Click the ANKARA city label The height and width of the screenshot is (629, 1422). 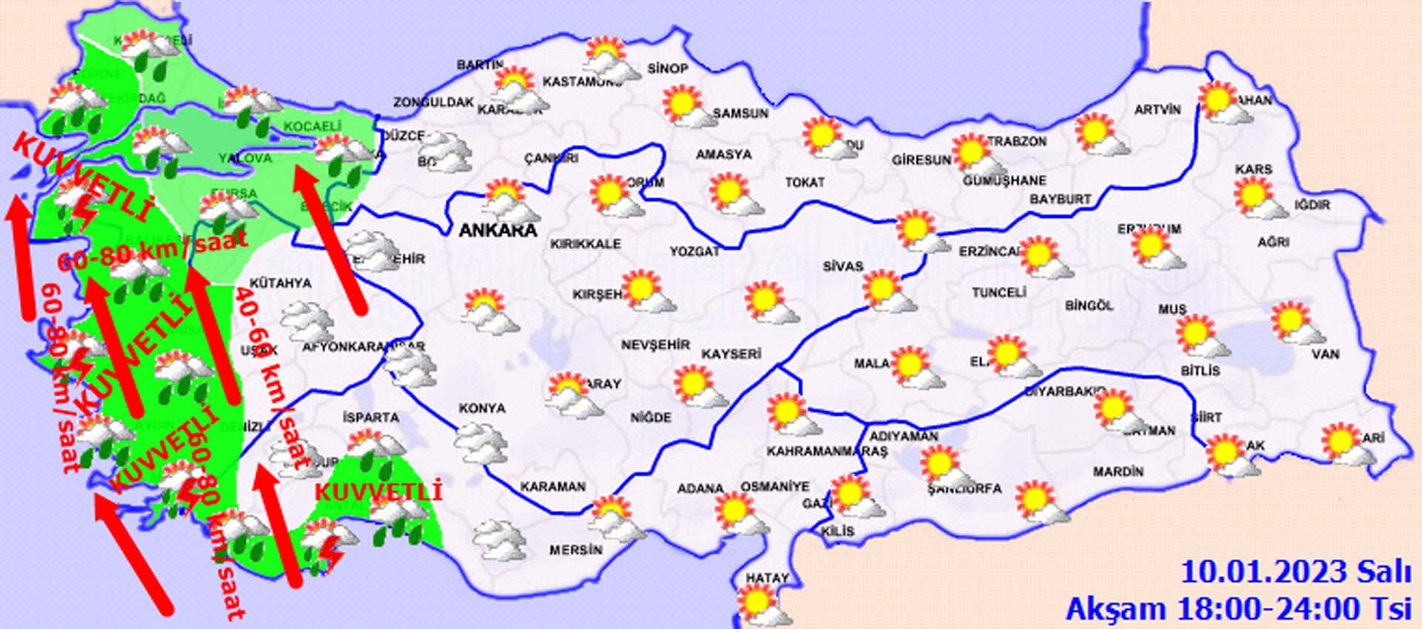[498, 230]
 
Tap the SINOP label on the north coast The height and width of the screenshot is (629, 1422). [668, 69]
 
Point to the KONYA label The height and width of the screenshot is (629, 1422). [482, 408]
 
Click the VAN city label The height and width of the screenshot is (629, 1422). [1325, 354]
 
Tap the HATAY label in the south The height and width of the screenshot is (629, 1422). [767, 578]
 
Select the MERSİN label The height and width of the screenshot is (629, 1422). [575, 550]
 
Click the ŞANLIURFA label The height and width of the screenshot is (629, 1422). [964, 488]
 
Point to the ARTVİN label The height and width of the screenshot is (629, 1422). [1158, 110]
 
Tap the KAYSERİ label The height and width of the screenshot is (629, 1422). [731, 354]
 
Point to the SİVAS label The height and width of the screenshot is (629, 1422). [843, 266]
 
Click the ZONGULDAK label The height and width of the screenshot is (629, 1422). [433, 102]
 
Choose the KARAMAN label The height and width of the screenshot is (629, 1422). [553, 487]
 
